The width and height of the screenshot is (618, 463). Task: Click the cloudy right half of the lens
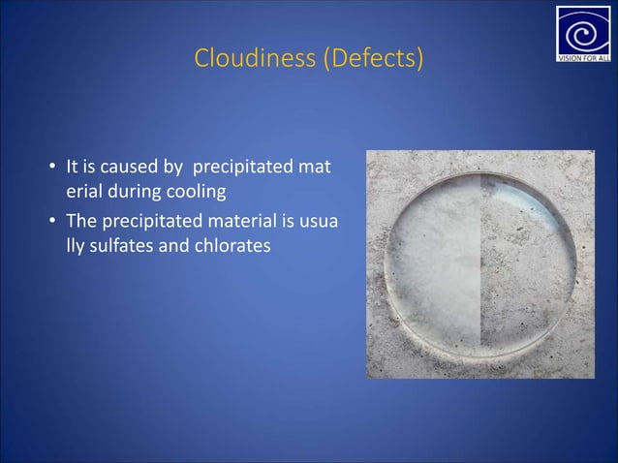tap(523, 257)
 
